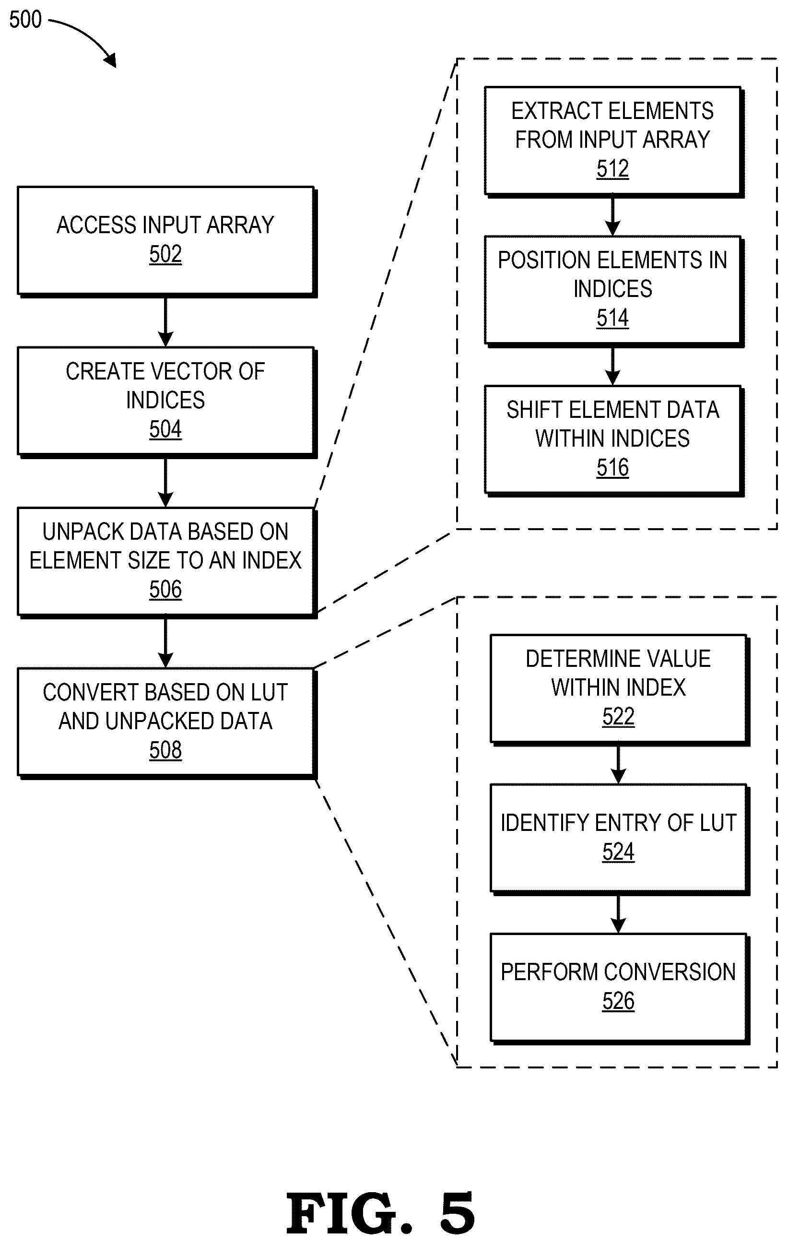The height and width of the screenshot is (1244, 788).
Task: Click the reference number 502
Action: point(165,254)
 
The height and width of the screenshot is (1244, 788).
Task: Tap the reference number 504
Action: point(165,429)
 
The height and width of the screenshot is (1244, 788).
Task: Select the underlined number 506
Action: point(165,590)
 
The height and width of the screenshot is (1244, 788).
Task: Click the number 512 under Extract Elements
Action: point(612,168)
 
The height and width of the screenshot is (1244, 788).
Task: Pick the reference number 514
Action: point(612,318)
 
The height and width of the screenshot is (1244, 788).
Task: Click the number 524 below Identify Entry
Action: point(618,852)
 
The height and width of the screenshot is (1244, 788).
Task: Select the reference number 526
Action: point(618,1001)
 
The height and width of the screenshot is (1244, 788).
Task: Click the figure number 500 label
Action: point(25,19)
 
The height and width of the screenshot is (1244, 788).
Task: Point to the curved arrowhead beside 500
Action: point(110,61)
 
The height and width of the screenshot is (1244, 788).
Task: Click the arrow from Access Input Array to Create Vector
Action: point(165,322)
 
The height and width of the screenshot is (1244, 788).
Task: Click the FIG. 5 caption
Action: point(381,1214)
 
